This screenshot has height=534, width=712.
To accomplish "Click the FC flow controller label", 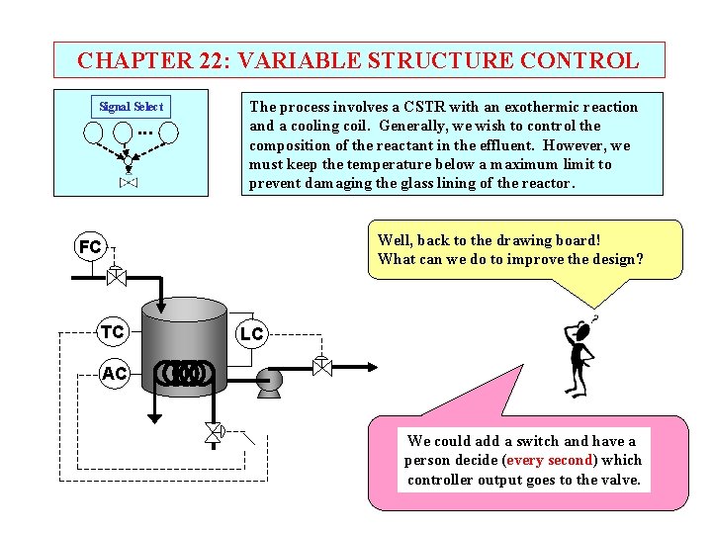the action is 90,246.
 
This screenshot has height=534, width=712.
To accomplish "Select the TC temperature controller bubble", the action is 113,332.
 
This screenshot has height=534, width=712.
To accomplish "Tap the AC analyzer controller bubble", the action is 114,373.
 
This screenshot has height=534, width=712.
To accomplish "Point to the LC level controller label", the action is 252,334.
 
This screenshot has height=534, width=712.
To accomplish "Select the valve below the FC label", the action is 116,275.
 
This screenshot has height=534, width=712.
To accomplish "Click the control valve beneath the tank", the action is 213,432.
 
